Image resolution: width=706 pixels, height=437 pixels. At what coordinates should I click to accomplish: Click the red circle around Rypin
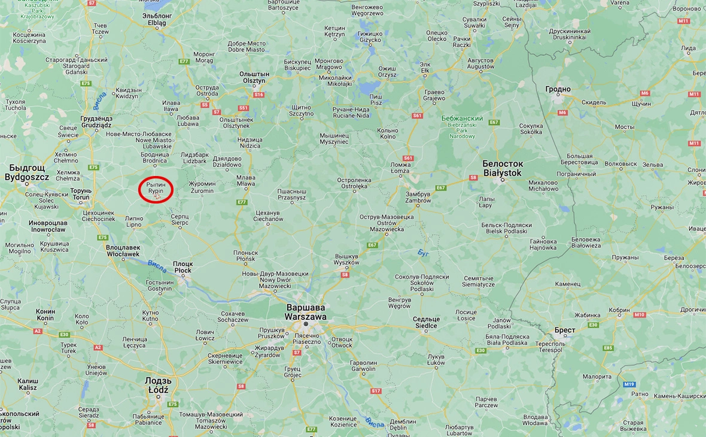[x=156, y=190]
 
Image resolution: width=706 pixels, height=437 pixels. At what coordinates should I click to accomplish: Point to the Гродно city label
[x=558, y=89]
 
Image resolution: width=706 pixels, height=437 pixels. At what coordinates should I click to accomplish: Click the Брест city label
[x=565, y=330]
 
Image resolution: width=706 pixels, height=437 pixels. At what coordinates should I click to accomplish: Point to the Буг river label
[x=424, y=253]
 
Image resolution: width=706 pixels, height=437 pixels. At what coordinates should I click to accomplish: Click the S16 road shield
[x=258, y=95]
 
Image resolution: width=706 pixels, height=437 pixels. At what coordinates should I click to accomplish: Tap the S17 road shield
[x=376, y=391]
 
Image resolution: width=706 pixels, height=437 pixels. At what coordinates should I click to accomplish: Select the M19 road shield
[x=629, y=384]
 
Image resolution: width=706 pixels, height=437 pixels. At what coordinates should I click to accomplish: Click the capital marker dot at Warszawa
[x=306, y=324]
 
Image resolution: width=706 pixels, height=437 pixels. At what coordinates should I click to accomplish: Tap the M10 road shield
[x=640, y=314]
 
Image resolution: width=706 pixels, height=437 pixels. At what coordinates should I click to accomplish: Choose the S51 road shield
[x=243, y=108]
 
